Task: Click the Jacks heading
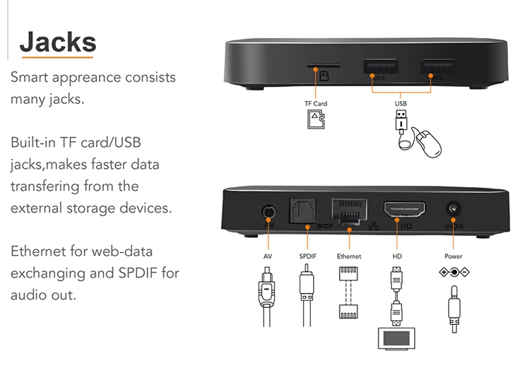click(x=57, y=42)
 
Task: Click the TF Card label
click(x=316, y=104)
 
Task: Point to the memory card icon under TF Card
click(x=316, y=120)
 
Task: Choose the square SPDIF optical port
click(x=305, y=211)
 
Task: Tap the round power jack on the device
click(x=452, y=210)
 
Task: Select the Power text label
click(x=453, y=256)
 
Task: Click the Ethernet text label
click(x=349, y=256)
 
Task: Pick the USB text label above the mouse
click(x=401, y=104)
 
